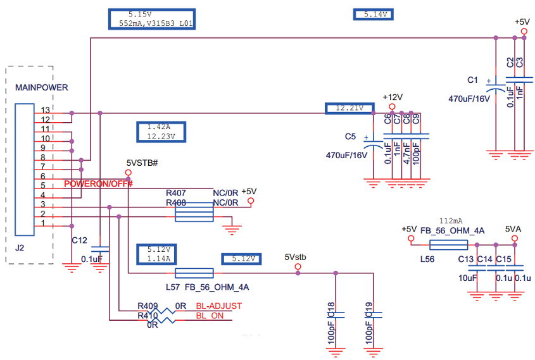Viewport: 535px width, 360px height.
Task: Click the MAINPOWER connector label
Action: [41, 87]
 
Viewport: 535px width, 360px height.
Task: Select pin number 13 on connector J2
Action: [46, 110]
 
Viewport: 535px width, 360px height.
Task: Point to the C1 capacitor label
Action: [472, 80]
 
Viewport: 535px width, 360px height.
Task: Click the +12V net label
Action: [393, 97]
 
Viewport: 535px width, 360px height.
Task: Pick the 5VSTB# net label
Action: [142, 163]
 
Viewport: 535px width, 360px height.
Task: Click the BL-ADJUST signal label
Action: [218, 306]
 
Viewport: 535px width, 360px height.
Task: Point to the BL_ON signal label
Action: [210, 315]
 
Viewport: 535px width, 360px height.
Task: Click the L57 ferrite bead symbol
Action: [193, 273]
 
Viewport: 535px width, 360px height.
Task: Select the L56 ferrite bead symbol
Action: [448, 245]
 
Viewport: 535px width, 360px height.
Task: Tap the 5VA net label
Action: [514, 228]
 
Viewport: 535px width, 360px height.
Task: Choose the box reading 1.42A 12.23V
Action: [156, 131]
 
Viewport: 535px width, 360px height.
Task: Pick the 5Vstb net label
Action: [295, 257]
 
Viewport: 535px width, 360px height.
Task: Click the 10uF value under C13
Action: [467, 278]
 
